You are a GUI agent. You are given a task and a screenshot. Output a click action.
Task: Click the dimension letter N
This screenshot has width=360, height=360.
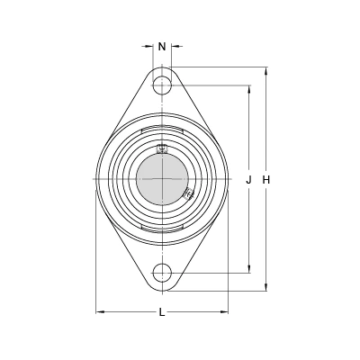162,47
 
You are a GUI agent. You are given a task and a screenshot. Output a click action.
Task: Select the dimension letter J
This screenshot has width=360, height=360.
248,180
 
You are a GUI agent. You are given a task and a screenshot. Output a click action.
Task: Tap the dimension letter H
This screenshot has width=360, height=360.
266,180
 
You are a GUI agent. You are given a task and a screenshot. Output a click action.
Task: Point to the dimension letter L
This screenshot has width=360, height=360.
162,312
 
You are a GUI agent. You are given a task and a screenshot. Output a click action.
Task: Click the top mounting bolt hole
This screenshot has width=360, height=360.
162,85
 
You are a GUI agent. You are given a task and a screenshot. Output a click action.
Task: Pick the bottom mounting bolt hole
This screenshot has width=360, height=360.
162,273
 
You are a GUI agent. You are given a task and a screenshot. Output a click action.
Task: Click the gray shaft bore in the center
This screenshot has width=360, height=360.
162,179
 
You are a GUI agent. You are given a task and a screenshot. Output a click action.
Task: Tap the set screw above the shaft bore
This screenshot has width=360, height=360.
162,149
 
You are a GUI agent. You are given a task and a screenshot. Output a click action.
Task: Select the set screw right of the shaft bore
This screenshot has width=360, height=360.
188,193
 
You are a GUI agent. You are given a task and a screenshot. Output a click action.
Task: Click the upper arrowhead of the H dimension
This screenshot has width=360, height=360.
266,71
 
